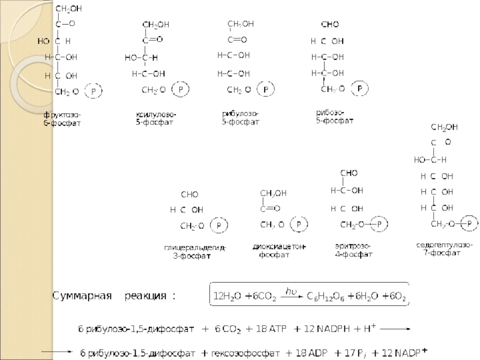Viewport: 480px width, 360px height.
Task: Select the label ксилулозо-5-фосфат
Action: coord(155,118)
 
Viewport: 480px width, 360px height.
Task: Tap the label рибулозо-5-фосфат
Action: coord(240,118)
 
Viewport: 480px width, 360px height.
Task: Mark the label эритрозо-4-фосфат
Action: coord(353,250)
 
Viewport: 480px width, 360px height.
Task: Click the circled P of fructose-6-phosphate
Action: coord(94,92)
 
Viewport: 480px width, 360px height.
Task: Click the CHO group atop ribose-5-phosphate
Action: coord(330,25)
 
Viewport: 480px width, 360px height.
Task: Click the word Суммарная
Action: coord(82,296)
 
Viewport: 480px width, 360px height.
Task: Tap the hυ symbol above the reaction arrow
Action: coord(291,291)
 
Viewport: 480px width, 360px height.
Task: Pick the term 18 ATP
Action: coord(272,329)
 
